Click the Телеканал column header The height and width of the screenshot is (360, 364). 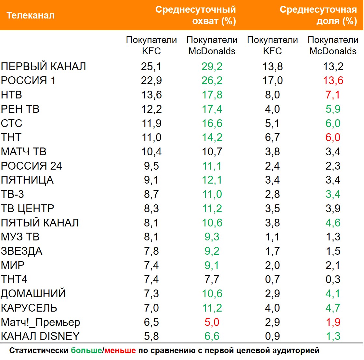31,15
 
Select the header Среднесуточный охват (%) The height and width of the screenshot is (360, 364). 196,15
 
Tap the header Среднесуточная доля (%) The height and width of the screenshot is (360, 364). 318,15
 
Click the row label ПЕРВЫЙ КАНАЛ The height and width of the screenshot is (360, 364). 44,66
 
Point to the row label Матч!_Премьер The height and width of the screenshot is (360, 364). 41,322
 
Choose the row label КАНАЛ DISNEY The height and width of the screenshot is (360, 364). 40,336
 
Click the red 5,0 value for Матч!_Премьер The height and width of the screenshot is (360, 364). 212,322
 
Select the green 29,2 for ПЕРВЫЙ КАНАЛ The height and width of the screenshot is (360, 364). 212,66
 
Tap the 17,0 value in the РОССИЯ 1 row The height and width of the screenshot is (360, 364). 272,81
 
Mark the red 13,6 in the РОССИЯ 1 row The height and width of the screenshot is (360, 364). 333,81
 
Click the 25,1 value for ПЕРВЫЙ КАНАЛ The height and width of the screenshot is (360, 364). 151,66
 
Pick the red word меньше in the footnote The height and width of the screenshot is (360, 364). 120,351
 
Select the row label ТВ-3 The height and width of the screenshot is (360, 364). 13,194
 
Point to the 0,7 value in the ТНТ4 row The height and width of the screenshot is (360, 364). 272,279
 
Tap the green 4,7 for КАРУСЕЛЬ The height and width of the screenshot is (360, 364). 333,308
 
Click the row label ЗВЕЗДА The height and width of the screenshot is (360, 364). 22,251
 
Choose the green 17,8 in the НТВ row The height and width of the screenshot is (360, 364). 212,95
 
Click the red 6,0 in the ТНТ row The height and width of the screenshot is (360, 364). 333,137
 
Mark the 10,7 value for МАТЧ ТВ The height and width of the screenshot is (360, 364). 212,152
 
